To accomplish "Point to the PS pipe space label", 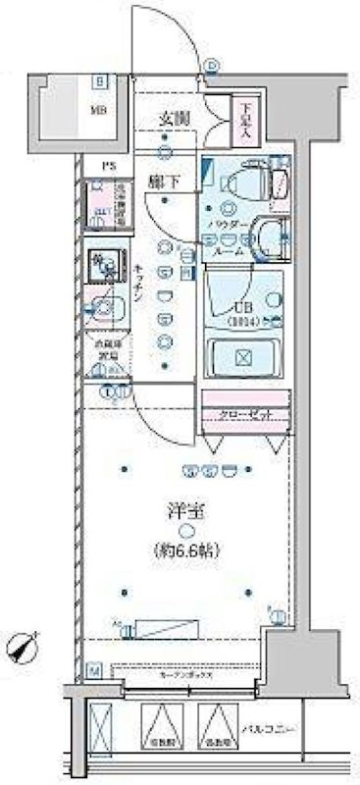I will (x=101, y=165).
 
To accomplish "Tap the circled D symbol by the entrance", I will (x=213, y=67).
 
